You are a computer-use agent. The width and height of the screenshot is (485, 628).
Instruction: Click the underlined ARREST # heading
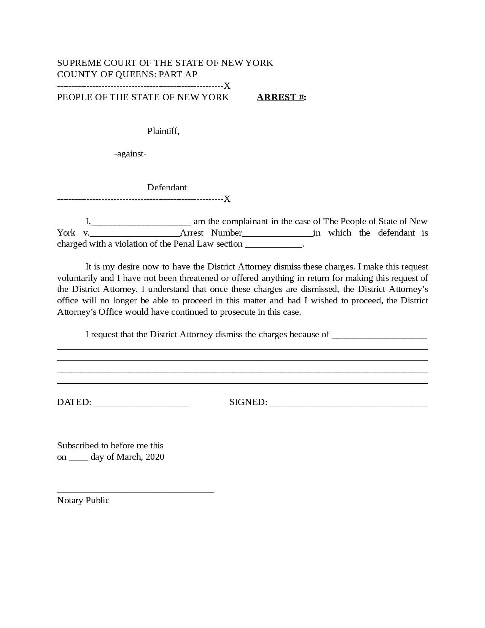pyautogui.click(x=281, y=97)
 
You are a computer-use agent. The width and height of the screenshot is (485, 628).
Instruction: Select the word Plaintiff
pyautogui.click(x=163, y=131)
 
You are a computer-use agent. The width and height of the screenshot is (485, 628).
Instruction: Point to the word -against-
pyautogui.click(x=130, y=154)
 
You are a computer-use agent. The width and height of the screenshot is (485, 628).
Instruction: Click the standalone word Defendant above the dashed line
pyautogui.click(x=167, y=188)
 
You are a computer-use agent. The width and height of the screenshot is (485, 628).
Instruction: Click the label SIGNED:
pyautogui.click(x=248, y=402)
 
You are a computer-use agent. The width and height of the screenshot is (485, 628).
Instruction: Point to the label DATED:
pyautogui.click(x=74, y=402)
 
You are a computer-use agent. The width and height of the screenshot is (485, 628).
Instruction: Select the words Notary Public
pyautogui.click(x=83, y=500)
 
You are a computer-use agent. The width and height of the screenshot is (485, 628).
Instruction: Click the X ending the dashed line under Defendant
pyautogui.click(x=227, y=199)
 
